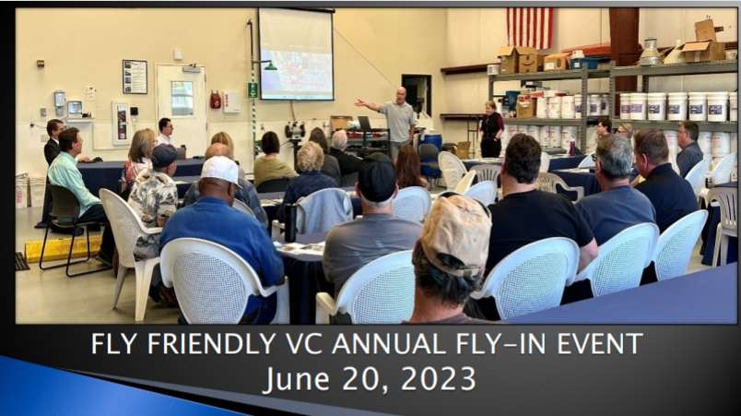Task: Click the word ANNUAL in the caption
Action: [388, 344]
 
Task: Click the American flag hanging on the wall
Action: [529, 28]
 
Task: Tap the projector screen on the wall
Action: [296, 53]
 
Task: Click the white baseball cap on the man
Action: [220, 170]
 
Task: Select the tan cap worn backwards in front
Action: [455, 233]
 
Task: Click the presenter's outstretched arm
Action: [369, 104]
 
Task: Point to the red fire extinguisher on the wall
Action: [216, 100]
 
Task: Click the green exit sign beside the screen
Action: [253, 89]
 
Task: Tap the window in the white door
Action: [182, 98]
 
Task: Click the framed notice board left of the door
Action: [135, 77]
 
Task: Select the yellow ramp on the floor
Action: [62, 248]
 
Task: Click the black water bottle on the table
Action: [290, 222]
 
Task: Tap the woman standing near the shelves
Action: [491, 129]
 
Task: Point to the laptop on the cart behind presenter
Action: [364, 124]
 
